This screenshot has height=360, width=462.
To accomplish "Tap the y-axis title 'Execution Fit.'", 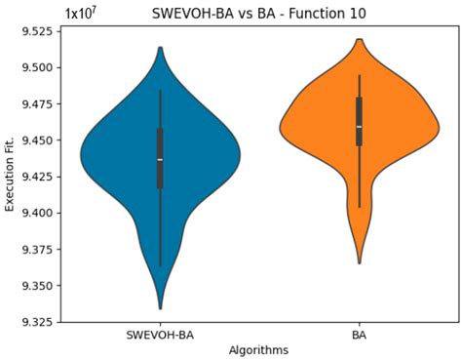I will click(x=11, y=176).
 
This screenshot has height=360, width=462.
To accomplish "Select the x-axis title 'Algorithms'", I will click(x=257, y=349).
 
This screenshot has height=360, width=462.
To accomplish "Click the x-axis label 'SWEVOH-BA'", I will click(x=160, y=334).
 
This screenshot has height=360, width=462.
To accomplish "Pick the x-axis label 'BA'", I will click(x=360, y=334).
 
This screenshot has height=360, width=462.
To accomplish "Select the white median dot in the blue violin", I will click(x=160, y=159).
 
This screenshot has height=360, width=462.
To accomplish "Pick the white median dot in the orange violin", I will click(x=360, y=127).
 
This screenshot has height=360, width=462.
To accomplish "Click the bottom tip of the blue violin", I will click(x=160, y=308).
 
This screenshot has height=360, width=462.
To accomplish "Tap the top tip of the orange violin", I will click(x=360, y=40).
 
